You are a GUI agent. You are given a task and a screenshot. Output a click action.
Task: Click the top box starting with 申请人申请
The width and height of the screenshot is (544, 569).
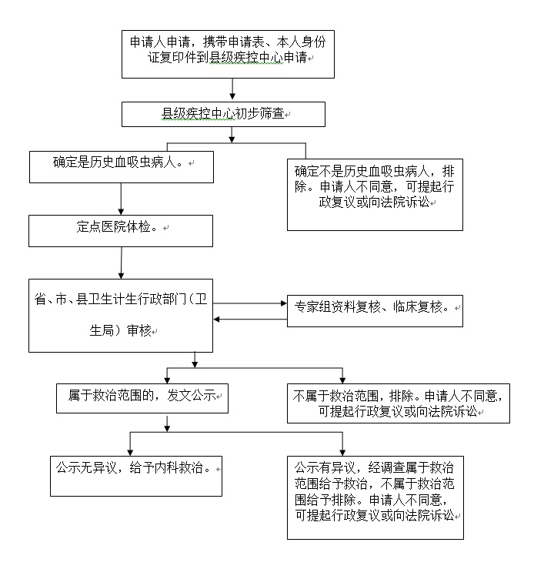pos(229,54)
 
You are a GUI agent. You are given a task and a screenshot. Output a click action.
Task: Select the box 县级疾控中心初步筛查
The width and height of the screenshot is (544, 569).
pos(223,115)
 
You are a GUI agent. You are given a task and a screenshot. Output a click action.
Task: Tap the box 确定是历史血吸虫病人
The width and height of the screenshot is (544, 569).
pos(121,166)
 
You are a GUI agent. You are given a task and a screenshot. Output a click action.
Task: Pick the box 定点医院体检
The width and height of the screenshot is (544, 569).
pos(121,229)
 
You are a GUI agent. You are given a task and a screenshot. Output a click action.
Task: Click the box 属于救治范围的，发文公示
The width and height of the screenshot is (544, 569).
pos(142,396)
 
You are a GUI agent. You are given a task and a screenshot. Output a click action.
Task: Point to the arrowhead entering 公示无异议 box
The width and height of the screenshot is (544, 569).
pos(131,450)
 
